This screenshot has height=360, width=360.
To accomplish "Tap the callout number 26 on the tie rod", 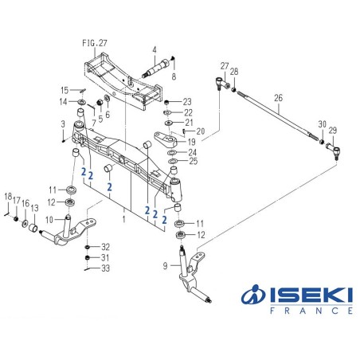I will [278, 100].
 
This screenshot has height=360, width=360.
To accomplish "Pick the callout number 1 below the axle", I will [123, 217].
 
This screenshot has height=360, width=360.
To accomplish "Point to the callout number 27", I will [225, 65].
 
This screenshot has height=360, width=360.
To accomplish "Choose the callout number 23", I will [187, 101].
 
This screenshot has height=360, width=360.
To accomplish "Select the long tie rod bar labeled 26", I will [271, 116].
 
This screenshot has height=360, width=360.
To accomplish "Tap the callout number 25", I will [194, 162].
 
